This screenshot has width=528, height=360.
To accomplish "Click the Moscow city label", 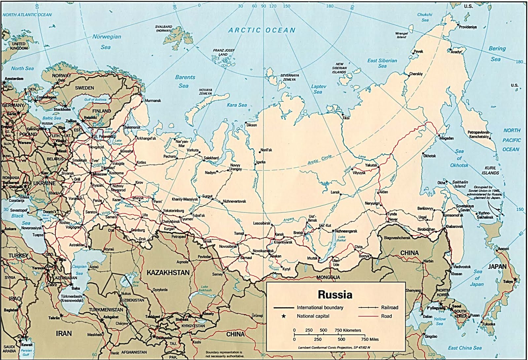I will click(100, 174).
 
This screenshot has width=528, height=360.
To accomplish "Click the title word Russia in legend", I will click(335, 294).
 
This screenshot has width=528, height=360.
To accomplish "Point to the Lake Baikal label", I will click(342, 238).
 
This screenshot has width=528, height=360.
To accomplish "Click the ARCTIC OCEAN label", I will click(262, 30).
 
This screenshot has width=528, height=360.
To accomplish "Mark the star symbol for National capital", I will click(283, 316).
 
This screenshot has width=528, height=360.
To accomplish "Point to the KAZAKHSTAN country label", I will click(168, 273).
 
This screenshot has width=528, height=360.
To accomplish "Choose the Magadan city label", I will click(446, 138).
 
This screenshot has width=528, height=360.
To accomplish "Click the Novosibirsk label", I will click(228, 246).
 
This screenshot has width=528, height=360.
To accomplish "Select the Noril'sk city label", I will click(266, 150).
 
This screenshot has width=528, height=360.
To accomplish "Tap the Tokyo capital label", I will click(508, 282).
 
